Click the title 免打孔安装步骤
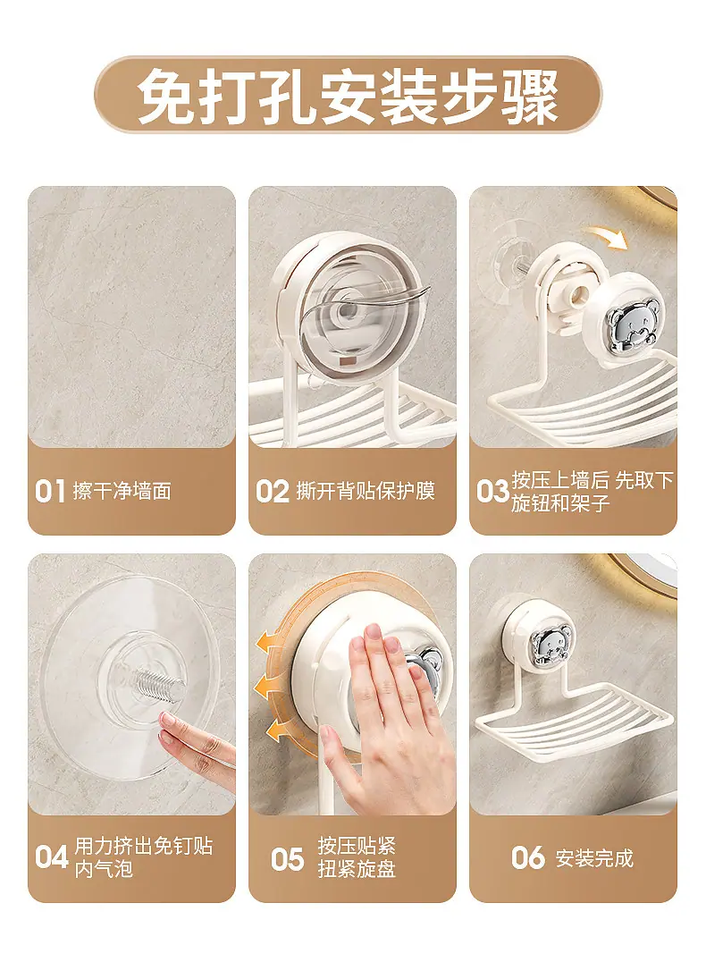click(x=348, y=96)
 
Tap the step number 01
click(x=50, y=492)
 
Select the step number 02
click(x=272, y=492)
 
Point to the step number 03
click(x=492, y=492)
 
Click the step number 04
click(x=51, y=857)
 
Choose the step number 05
click(x=287, y=859)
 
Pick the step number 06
click(x=527, y=857)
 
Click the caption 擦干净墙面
click(x=122, y=492)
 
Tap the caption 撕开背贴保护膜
click(x=366, y=492)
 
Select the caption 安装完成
click(x=594, y=858)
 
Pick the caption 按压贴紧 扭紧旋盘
click(x=357, y=858)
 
